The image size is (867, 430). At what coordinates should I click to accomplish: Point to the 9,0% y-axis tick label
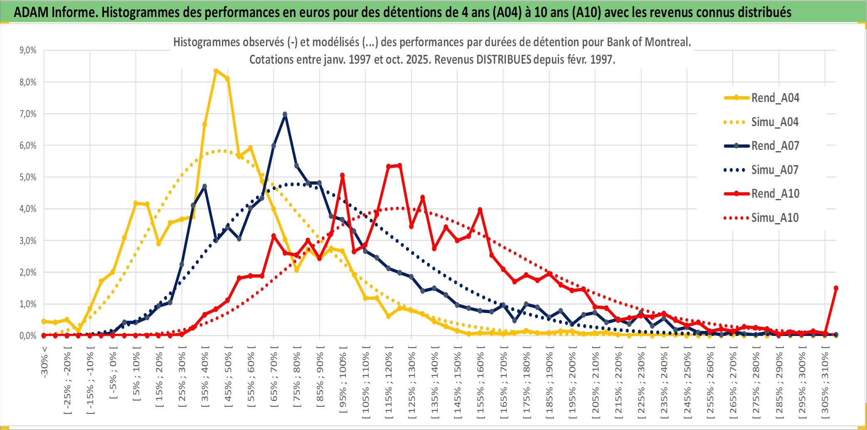click(28, 50)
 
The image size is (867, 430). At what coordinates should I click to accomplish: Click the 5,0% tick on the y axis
click(28, 177)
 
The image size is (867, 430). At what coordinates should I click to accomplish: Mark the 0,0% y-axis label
click(28, 336)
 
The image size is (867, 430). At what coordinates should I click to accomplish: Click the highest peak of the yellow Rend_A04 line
click(216, 71)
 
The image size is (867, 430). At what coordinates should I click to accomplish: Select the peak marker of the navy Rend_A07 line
click(285, 114)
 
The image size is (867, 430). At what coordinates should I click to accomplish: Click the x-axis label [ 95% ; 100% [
click(342, 383)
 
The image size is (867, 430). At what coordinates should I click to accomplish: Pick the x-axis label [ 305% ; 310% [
click(825, 383)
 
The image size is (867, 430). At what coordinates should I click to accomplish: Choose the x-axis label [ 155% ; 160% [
click(480, 383)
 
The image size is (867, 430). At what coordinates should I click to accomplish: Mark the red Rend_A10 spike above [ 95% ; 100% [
click(342, 176)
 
